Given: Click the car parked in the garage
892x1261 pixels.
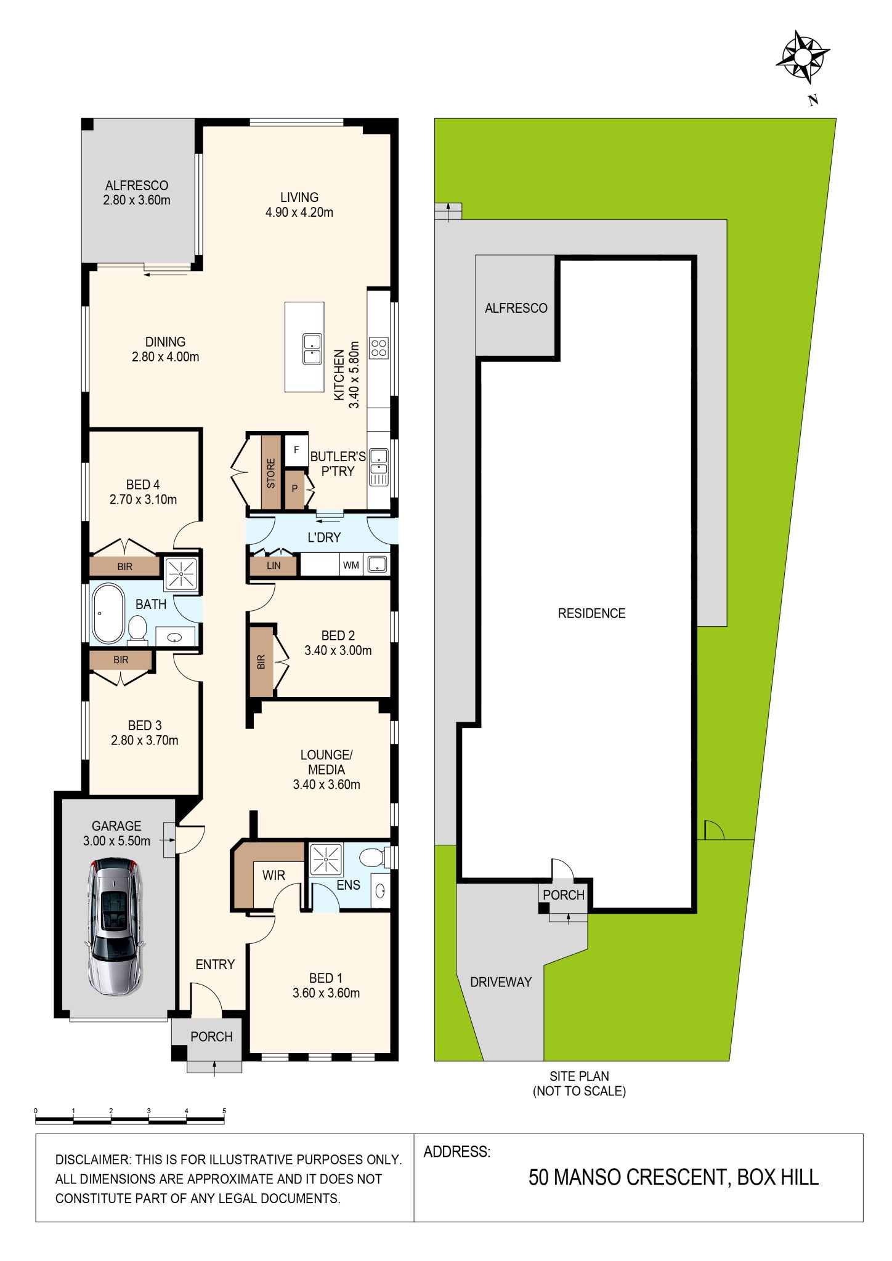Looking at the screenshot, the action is click(x=115, y=927).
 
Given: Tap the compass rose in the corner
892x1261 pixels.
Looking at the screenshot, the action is click(x=802, y=57).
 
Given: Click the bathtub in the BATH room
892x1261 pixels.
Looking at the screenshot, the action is click(x=108, y=613).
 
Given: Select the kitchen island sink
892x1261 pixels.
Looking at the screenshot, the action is click(x=312, y=349).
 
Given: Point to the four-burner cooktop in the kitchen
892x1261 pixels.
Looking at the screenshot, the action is click(x=379, y=348).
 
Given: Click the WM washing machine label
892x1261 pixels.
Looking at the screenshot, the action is click(x=351, y=565).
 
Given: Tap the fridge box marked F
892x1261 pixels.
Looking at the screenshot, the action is click(x=296, y=450).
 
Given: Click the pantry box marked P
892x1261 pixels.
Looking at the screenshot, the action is click(x=294, y=489).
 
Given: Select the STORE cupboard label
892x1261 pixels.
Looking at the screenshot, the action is click(x=271, y=473).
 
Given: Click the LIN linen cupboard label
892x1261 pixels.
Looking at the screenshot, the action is click(x=274, y=565).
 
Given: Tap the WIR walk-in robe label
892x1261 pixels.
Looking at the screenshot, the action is click(x=274, y=875).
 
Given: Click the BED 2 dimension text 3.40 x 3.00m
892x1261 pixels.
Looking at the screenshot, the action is click(x=338, y=650).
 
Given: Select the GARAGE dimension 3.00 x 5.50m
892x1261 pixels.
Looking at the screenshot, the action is click(x=116, y=841).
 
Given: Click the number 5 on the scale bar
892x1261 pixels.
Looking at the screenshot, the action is click(x=224, y=1111).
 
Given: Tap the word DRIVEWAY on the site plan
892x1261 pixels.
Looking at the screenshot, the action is click(x=501, y=982).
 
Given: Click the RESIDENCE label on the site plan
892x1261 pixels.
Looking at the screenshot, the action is click(x=591, y=613).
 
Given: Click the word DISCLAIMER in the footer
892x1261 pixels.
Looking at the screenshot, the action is click(x=93, y=1159).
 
